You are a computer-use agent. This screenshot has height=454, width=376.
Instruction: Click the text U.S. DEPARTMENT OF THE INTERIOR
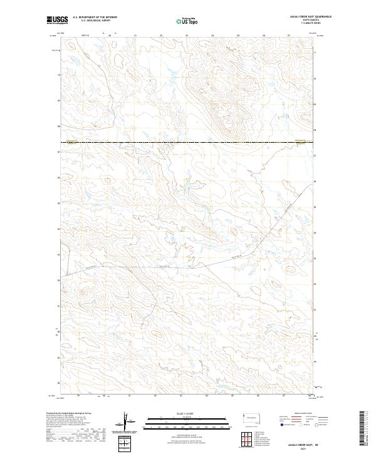95,17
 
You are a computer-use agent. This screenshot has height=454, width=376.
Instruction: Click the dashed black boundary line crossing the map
188,143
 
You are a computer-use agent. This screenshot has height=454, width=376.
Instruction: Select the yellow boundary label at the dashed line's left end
71,142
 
